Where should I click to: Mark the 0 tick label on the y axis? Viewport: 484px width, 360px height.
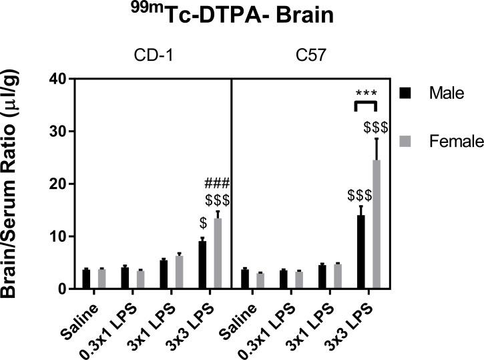[62, 289]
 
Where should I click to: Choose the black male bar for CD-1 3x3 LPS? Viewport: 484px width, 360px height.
[202, 265]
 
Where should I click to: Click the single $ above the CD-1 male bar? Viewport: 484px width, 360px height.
[202, 223]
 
